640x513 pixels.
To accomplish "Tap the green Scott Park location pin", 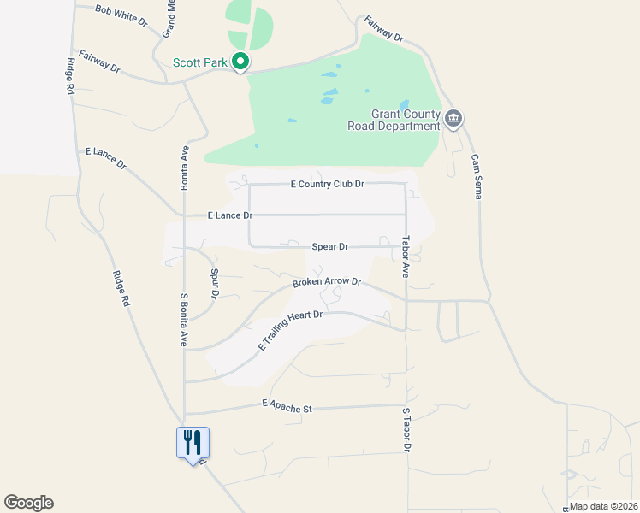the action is pyautogui.click(x=241, y=62).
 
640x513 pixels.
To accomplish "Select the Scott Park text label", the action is pyautogui.click(x=201, y=62).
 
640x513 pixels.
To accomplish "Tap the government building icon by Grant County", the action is pyautogui.click(x=453, y=119).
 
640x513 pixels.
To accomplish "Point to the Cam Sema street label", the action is pyautogui.click(x=477, y=176).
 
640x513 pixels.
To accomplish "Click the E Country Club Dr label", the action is pyautogui.click(x=328, y=184).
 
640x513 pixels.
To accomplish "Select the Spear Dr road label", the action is pyautogui.click(x=330, y=247).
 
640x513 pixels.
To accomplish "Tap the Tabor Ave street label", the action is pyautogui.click(x=406, y=256).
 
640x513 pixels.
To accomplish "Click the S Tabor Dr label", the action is pyautogui.click(x=407, y=430).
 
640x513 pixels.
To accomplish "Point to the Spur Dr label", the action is pyautogui.click(x=215, y=283).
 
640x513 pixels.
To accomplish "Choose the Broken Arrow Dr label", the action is pyautogui.click(x=327, y=282).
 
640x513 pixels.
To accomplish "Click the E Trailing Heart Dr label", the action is pyautogui.click(x=290, y=331).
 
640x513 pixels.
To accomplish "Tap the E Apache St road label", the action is pyautogui.click(x=287, y=407).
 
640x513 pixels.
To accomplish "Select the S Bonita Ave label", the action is pyautogui.click(x=183, y=320).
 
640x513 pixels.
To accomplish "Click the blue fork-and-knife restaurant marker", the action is pyautogui.click(x=193, y=443).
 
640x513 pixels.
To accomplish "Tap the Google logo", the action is pyautogui.click(x=28, y=503).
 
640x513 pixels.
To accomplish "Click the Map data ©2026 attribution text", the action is pyautogui.click(x=604, y=506).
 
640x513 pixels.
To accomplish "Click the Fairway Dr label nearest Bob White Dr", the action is pyautogui.click(x=99, y=60).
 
